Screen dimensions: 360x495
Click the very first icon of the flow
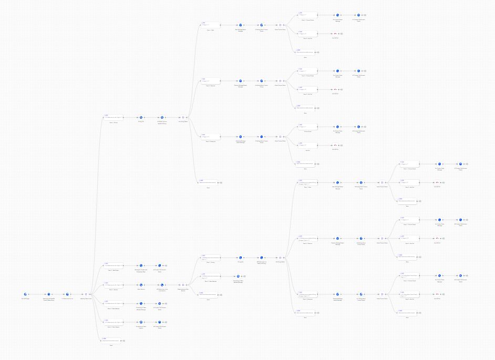pos(25,294)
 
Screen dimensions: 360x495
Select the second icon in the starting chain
pos(49,294)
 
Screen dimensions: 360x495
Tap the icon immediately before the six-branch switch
pos(67,294)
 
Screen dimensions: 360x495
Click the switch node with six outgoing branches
pos(86,294)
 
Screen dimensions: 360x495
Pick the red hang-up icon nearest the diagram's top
pos(335,34)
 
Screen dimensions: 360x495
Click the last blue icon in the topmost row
pos(359,15)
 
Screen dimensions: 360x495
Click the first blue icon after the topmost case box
pos(240,25)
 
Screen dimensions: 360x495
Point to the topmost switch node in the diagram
pos(281,25)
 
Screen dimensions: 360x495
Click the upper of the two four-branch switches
pos(183,118)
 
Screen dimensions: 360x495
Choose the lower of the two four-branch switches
pos(281,258)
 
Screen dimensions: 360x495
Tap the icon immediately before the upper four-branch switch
pos(162,118)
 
